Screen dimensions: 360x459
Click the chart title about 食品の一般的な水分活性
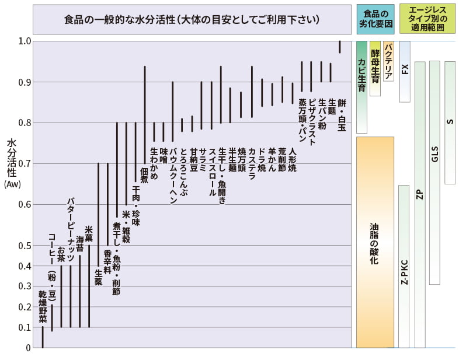point(192,19)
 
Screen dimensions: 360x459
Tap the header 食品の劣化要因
point(374,19)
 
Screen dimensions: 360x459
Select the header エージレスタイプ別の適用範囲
point(428,19)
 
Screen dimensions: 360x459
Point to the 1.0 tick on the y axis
point(24,41)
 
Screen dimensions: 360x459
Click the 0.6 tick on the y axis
point(24,204)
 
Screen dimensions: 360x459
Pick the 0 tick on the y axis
point(27,348)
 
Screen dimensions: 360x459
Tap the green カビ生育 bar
point(361,87)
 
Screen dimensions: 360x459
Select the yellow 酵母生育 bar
point(375,68)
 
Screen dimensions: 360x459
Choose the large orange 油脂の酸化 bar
point(374,242)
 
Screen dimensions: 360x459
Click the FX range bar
point(405,71)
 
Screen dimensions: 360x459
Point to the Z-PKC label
point(404,271)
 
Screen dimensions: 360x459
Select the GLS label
point(434,155)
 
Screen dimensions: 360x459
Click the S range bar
point(449,122)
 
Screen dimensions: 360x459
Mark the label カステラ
point(252,163)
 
